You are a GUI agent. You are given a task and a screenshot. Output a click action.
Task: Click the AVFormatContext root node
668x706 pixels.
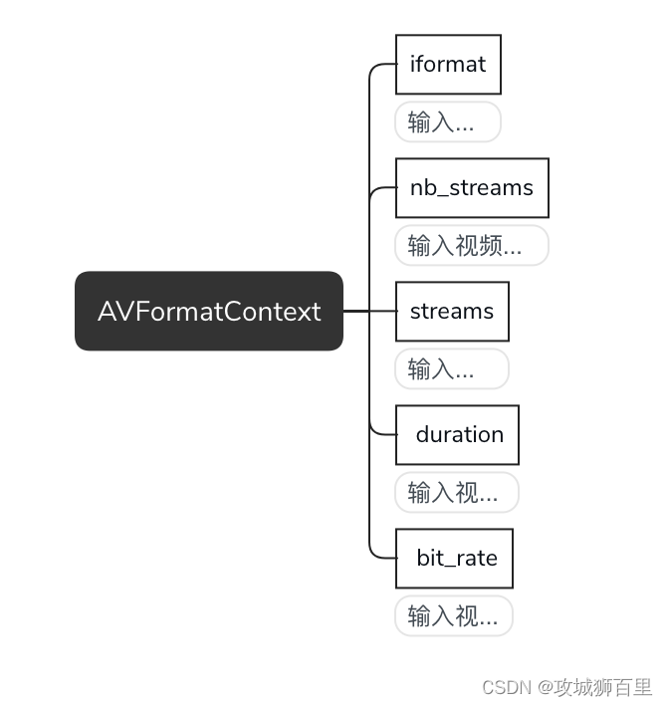point(209,311)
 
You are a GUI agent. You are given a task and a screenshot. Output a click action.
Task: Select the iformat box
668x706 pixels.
point(448,65)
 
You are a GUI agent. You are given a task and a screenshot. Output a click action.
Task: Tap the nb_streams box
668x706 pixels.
point(472,187)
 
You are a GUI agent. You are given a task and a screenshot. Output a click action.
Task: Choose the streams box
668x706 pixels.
point(452,311)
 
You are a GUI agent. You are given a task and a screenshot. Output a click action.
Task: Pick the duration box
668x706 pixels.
point(458,435)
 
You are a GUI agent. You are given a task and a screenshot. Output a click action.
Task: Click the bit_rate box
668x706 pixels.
point(455,559)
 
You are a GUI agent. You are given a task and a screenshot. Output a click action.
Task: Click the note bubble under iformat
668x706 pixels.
point(447,122)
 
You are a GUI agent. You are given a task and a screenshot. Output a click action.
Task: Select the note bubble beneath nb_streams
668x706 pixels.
point(472,246)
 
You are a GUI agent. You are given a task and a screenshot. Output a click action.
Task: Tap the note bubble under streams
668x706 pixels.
point(451,369)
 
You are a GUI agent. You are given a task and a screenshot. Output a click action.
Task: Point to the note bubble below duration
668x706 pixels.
point(457,493)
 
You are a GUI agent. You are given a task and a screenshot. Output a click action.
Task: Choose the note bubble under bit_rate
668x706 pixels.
point(454,616)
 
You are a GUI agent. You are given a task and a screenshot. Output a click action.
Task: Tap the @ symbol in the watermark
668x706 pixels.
point(546,688)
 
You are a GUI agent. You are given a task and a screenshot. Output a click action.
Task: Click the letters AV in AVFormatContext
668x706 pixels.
point(113,311)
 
